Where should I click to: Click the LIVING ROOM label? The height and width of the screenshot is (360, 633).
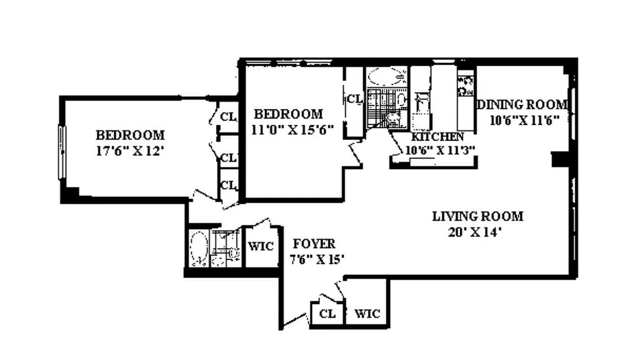pos(478,216)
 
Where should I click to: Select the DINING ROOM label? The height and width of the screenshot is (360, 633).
pos(522,105)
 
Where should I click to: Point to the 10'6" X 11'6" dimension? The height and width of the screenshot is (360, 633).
pos(524,120)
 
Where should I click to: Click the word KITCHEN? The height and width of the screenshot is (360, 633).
pos(438,137)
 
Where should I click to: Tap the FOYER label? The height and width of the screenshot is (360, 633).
pos(314,244)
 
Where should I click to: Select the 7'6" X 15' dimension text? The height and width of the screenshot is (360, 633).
pos(317,260)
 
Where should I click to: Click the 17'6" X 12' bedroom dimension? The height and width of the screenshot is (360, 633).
pos(129,151)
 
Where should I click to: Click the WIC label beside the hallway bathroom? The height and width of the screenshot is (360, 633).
pos(261,247)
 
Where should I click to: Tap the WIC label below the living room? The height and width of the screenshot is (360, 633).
pos(367,314)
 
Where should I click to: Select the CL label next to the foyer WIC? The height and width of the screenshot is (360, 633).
pos(327,314)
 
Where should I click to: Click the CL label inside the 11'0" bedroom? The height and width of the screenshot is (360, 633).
pos(354,99)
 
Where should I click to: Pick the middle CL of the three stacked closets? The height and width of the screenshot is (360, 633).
pos(228,158)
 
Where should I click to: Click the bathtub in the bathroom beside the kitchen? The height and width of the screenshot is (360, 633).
pos(386,77)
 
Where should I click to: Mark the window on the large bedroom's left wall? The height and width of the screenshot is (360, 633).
pos(63,152)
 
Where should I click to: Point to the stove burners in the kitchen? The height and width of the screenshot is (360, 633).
pos(466,85)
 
